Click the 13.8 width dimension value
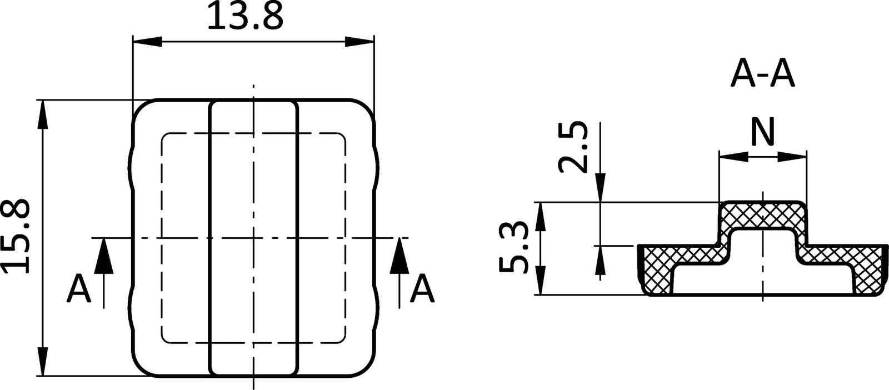tap(245, 17)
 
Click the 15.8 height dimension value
tap(16, 237)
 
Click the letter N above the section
tap(762, 132)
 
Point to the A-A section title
tap(762, 74)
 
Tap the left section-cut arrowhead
tap(103, 257)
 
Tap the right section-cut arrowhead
tap(399, 257)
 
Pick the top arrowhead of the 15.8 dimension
tap(43, 114)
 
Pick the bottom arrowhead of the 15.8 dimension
tap(43, 362)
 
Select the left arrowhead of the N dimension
tap(732, 157)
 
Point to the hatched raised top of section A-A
tap(762, 214)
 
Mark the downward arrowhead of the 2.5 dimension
tap(601, 189)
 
